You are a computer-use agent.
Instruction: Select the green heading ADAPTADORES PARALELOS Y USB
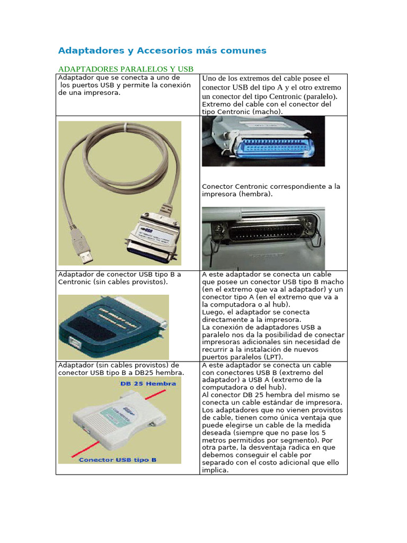tap(126, 69)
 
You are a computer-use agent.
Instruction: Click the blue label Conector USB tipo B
tap(118, 460)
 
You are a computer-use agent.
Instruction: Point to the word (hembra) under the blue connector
tap(255, 194)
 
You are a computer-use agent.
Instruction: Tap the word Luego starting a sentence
tap(213, 312)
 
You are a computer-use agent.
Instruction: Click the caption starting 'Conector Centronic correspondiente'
tap(271, 187)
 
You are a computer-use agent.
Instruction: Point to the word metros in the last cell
tap(214, 440)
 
